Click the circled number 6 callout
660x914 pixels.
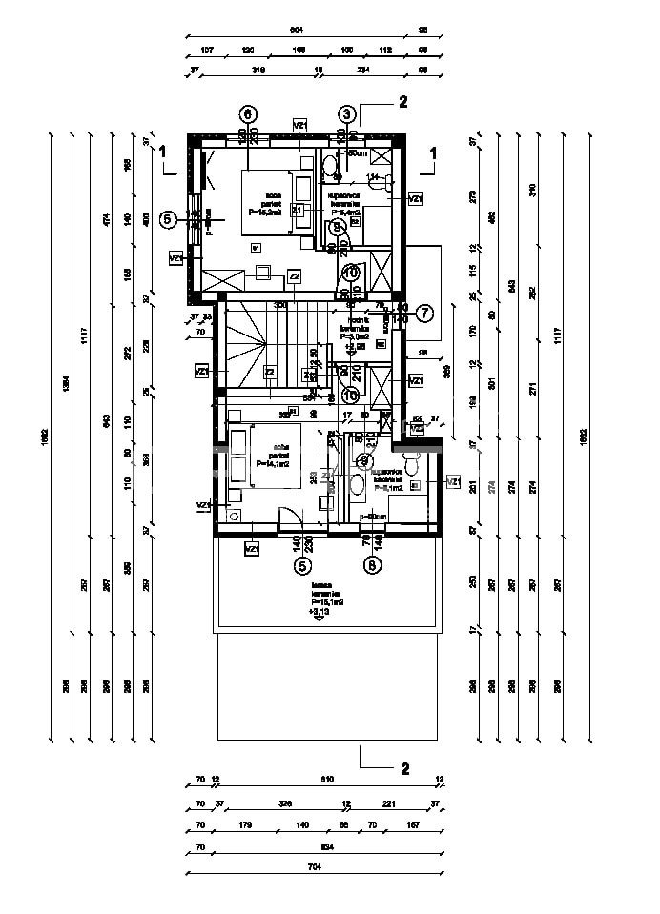tap(248, 113)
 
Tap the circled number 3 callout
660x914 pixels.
tap(346, 113)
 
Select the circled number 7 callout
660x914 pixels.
tap(424, 312)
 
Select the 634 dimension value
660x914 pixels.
tap(326, 844)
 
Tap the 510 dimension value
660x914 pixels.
tap(327, 780)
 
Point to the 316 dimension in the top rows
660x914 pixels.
tap(258, 70)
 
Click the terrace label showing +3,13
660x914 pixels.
tap(319, 611)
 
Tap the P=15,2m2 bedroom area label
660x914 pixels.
tap(263, 213)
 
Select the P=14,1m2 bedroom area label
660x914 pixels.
tap(272, 464)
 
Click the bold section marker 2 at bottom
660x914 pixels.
tap(404, 767)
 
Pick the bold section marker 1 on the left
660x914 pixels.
tap(164, 152)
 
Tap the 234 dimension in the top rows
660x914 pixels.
tap(364, 70)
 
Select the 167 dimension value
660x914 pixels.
tap(413, 824)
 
